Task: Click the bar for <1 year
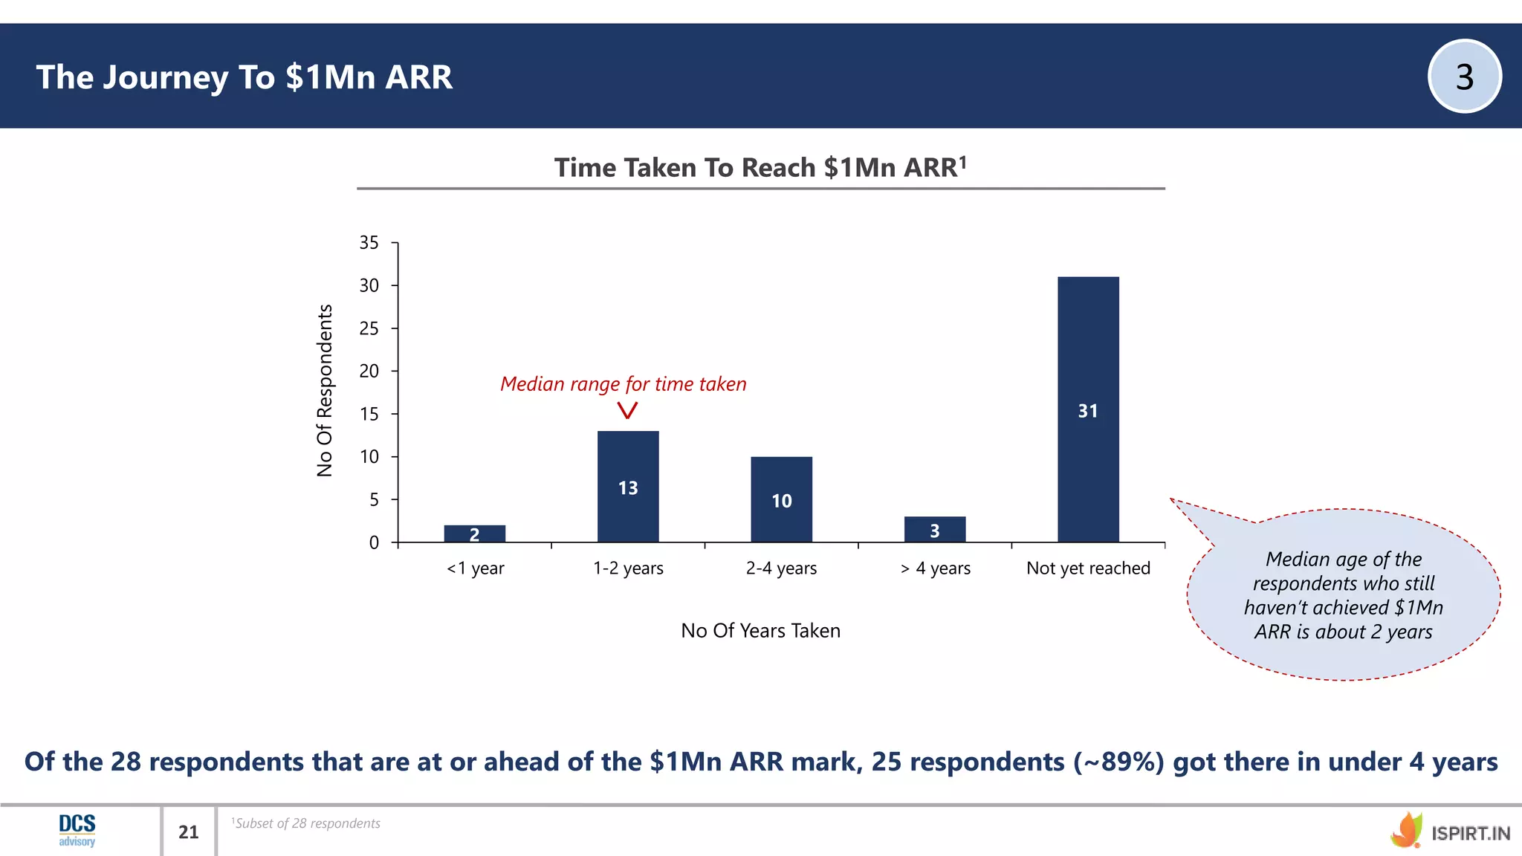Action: coord(474,534)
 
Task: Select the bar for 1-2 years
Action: coord(628,486)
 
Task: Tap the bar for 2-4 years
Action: coord(781,499)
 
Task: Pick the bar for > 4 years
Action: coord(935,529)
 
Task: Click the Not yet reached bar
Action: coord(1088,409)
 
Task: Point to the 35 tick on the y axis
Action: coord(369,243)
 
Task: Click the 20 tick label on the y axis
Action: coord(369,371)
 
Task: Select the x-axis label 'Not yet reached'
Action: coord(1088,568)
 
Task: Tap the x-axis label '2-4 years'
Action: coord(781,568)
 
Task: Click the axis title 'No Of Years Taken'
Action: coord(760,631)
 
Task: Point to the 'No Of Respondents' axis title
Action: coord(325,391)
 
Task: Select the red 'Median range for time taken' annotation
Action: coord(623,384)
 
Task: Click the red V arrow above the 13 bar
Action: coord(628,410)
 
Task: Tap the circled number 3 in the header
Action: coord(1464,77)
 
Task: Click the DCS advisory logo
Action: coord(77,830)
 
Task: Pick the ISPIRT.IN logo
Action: coord(1450,831)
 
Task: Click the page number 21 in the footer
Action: coord(189,832)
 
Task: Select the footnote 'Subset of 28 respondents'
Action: coord(306,823)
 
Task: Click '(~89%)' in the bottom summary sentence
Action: coord(1118,762)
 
